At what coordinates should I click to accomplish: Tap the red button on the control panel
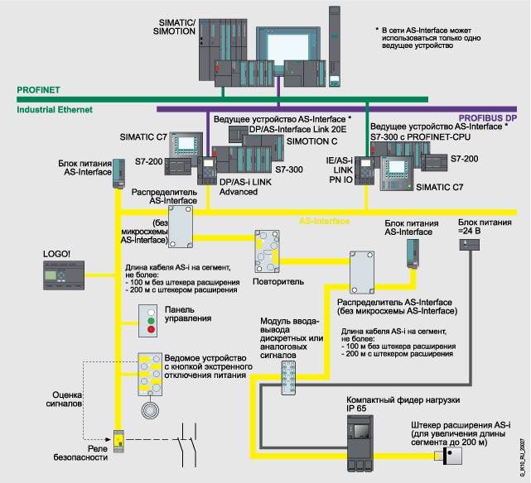click(x=151, y=330)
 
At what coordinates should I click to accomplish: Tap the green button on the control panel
click(x=151, y=317)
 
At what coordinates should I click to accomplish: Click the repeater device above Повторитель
click(x=269, y=251)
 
